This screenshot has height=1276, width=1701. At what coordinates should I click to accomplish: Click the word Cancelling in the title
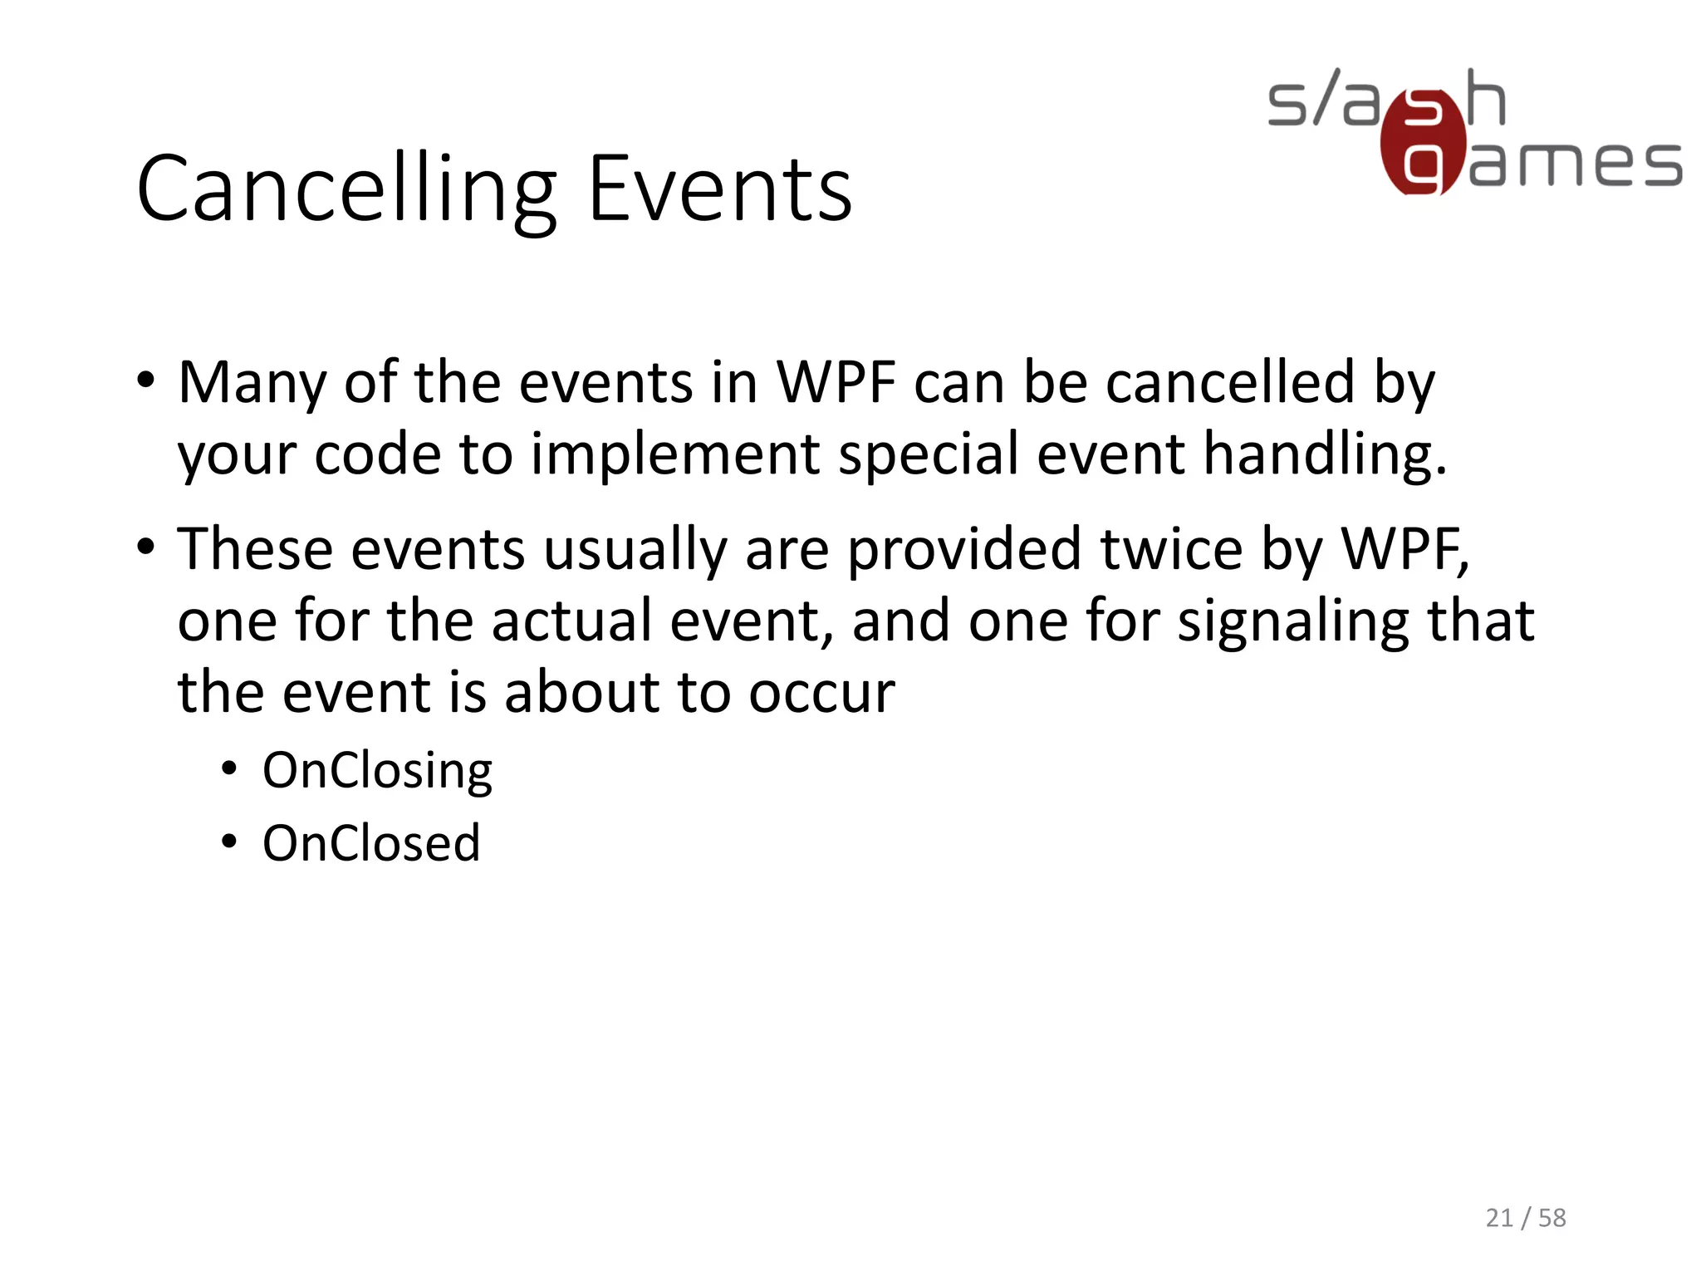pyautogui.click(x=346, y=189)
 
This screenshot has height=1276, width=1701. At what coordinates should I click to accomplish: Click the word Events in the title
pyautogui.click(x=719, y=189)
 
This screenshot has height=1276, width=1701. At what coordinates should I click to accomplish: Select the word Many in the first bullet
pyautogui.click(x=252, y=383)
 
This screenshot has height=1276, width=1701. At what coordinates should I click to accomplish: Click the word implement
pyautogui.click(x=675, y=454)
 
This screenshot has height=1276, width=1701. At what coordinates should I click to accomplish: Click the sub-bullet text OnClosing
pyautogui.click(x=377, y=771)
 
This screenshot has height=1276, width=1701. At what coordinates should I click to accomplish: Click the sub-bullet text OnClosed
pyautogui.click(x=371, y=843)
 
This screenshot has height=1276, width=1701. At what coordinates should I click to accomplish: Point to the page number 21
pyautogui.click(x=1499, y=1218)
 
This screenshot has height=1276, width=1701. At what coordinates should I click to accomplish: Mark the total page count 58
pyautogui.click(x=1552, y=1218)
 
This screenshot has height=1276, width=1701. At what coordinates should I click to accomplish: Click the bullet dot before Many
pyautogui.click(x=146, y=381)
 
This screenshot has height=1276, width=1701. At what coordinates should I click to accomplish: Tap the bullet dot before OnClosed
pyautogui.click(x=230, y=842)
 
